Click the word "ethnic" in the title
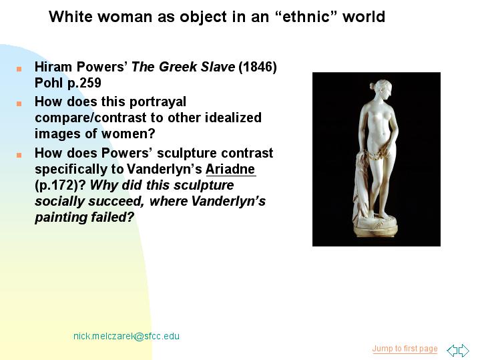point(309,17)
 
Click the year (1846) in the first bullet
point(258,67)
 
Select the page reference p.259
point(85,83)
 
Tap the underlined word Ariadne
point(230,169)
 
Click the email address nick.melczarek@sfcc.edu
point(126,336)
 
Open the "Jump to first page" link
point(405,349)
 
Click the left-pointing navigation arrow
point(452,350)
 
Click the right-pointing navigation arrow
point(464,350)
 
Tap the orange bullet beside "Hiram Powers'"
point(19,69)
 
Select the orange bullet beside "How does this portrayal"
point(19,104)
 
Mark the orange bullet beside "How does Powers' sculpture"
point(19,155)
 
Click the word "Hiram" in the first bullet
point(53,67)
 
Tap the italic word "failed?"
point(112,217)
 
